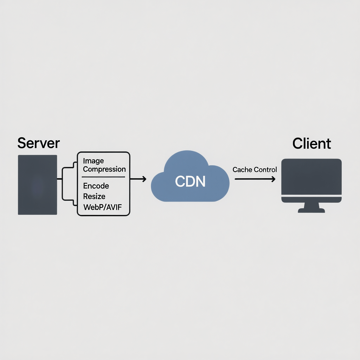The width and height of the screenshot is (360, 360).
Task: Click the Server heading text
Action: [x=39, y=143]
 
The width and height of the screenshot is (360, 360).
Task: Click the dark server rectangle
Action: [x=37, y=185]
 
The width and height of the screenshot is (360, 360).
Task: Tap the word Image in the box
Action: [x=93, y=161]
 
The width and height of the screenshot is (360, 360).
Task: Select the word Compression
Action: [x=104, y=169]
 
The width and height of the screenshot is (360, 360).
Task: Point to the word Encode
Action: [x=96, y=186]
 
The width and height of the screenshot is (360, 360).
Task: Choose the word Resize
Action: [x=94, y=196]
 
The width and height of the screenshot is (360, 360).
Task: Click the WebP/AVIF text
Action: [x=102, y=207]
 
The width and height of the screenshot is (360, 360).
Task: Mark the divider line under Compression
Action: [x=103, y=177]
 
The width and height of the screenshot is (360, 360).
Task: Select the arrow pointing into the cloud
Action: [x=138, y=179]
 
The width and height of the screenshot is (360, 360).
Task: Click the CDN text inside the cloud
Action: [x=190, y=181]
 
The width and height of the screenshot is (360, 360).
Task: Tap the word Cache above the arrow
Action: [x=242, y=169]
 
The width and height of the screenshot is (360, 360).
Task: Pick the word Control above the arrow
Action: [x=265, y=169]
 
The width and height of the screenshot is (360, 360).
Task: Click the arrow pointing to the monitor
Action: [x=255, y=179]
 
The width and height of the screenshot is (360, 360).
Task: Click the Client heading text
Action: [x=311, y=143]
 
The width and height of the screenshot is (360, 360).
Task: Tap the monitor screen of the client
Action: [x=311, y=176]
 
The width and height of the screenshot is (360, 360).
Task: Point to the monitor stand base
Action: [x=311, y=211]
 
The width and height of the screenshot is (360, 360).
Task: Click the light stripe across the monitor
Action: [x=311, y=195]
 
